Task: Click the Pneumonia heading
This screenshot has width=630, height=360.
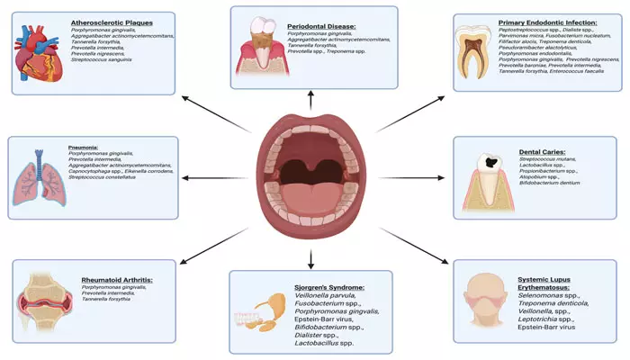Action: pyautogui.click(x=83, y=146)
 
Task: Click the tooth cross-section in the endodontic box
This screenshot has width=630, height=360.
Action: pyautogui.click(x=475, y=52)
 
